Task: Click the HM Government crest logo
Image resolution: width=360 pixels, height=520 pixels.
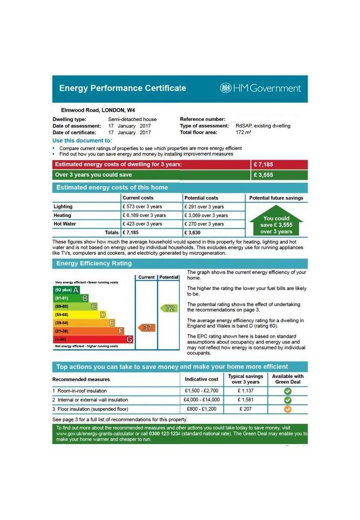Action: [x=226, y=88]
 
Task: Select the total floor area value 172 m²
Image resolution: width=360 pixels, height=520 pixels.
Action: [x=244, y=132]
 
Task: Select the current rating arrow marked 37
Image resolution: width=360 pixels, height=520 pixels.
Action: [x=147, y=327]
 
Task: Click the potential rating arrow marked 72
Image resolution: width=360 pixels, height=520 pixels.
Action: [x=169, y=308]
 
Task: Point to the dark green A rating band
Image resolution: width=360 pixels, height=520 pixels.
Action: [x=67, y=290]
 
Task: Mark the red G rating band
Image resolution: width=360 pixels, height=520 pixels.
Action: [x=94, y=340]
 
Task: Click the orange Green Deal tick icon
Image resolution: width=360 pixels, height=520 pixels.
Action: [x=287, y=409]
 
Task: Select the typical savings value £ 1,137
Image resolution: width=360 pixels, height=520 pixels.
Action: [x=246, y=391]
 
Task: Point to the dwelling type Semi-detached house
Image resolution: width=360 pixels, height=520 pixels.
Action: [x=132, y=119]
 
